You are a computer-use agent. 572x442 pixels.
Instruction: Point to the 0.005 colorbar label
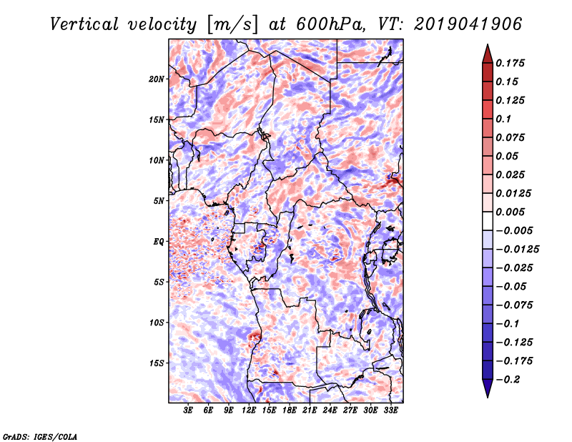click(513, 212)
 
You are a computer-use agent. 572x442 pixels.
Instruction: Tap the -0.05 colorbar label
click(513, 286)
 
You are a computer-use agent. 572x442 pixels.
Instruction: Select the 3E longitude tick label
click(189, 411)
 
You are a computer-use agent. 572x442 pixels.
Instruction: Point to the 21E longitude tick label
click(310, 411)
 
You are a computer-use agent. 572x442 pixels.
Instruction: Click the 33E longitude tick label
click(390, 411)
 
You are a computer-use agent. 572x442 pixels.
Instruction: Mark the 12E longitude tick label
click(249, 411)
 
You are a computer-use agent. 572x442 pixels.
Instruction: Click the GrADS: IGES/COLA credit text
click(39, 436)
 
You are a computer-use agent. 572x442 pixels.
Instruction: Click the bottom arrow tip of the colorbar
click(487, 396)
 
